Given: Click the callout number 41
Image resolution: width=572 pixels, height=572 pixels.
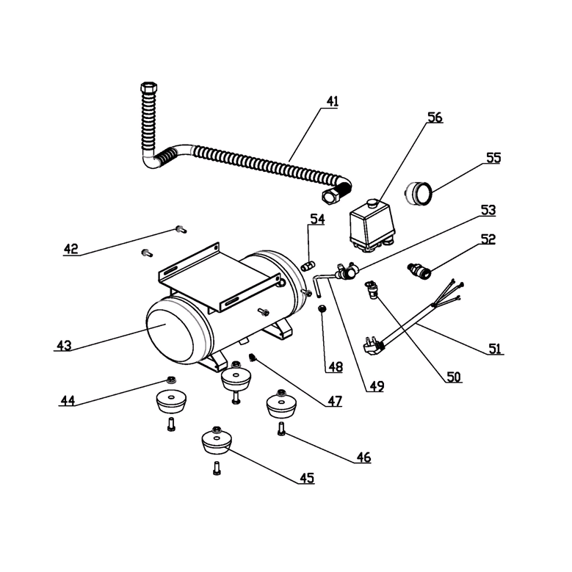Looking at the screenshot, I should click(333, 101).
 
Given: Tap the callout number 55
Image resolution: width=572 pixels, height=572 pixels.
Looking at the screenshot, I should click(493, 157).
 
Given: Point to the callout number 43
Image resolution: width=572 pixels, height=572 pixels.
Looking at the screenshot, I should click(64, 345).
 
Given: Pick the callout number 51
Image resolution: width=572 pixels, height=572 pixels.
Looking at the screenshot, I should click(496, 348).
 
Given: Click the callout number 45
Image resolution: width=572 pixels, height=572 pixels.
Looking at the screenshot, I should click(306, 478).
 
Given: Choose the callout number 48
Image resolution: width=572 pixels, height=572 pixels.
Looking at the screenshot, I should click(335, 366).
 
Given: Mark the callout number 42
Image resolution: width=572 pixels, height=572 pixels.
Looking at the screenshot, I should click(70, 248).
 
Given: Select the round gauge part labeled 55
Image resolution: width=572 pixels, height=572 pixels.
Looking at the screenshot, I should click(420, 195).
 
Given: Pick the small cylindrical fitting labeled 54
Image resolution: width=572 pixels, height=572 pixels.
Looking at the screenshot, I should click(308, 264).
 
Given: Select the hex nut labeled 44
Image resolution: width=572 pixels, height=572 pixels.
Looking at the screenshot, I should click(170, 380).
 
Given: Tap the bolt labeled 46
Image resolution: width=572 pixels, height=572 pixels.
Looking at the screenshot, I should click(282, 431).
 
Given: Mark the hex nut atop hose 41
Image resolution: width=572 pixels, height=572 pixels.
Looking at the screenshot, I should click(148, 91).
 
